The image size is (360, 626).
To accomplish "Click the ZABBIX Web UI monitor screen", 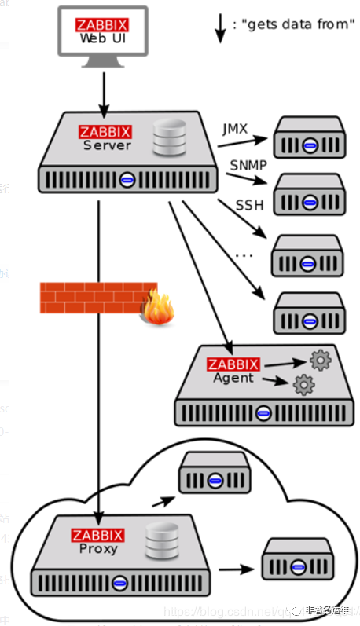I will click(x=102, y=31).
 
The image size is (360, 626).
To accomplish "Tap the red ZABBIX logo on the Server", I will click(x=105, y=132).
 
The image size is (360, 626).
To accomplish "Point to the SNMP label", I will click(x=248, y=165).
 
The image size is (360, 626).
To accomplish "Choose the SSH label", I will click(x=249, y=206).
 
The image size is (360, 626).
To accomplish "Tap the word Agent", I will click(x=233, y=378).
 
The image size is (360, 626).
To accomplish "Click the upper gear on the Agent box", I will click(x=321, y=361).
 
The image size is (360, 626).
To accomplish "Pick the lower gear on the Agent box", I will click(x=303, y=384).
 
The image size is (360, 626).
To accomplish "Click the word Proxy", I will click(x=98, y=548).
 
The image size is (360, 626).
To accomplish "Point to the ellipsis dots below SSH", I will click(x=244, y=254).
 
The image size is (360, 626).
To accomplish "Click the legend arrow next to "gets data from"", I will click(x=219, y=26).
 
